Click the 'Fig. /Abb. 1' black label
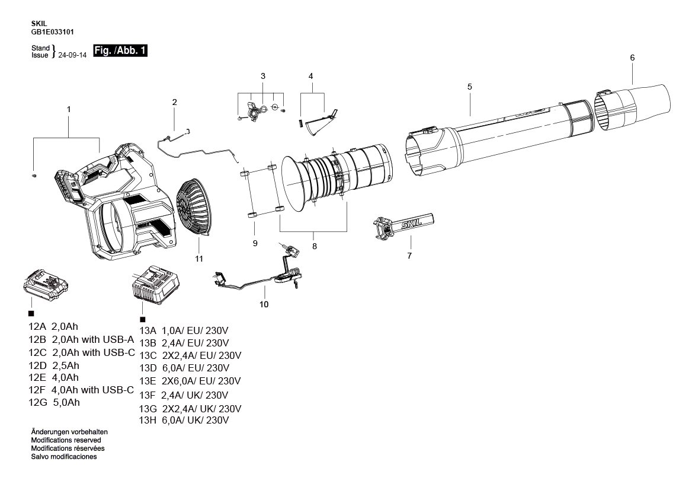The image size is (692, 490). point(120,51)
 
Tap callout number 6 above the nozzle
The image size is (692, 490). point(632,58)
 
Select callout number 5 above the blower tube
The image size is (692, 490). point(469,87)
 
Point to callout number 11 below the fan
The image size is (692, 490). point(199,259)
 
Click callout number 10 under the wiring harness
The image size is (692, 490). point(264,304)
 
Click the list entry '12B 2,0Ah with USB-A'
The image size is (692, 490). point(81,339)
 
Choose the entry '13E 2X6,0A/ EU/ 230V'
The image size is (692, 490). point(190,381)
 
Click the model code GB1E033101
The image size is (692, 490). point(52,32)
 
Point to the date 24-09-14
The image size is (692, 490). point(72,55)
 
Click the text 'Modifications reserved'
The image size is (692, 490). point(66,440)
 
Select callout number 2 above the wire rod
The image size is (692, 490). point(175,102)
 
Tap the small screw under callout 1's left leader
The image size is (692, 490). point(34,176)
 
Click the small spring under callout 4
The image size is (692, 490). point(300,123)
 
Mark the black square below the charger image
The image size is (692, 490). point(142,319)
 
